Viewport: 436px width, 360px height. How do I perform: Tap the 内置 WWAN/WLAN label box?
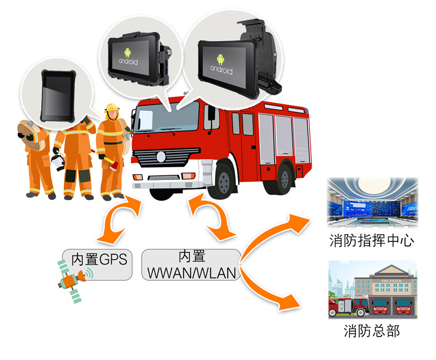[x=191, y=265]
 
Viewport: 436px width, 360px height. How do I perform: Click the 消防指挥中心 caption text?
[x=372, y=240]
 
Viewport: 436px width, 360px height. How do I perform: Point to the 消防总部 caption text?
[x=372, y=331]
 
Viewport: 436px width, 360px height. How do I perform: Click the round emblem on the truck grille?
[x=161, y=156]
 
